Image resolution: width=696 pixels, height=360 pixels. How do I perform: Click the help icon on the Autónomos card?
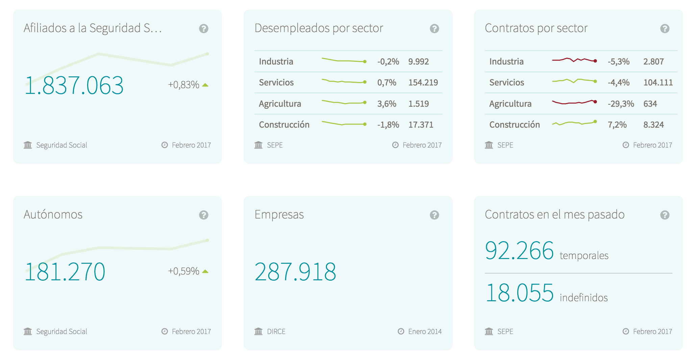tap(203, 215)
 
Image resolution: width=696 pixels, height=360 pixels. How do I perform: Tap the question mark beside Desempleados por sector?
tap(434, 29)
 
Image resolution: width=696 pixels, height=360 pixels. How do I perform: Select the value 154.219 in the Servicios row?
tap(423, 82)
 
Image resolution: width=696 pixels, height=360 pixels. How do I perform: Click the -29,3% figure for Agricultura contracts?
tap(621, 104)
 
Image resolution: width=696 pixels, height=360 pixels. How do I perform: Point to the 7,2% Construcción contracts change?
tap(617, 125)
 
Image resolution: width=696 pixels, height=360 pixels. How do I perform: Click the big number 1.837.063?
tap(74, 85)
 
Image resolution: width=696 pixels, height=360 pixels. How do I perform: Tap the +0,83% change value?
tap(183, 84)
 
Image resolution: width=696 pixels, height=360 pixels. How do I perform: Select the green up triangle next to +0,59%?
tap(205, 271)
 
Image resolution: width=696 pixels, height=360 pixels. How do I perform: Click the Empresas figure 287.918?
tap(295, 272)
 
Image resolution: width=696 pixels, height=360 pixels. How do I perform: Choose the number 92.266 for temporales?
tap(519, 251)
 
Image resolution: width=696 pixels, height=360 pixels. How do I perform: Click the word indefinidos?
tap(583, 298)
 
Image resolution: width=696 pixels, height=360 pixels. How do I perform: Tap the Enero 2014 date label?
tap(425, 332)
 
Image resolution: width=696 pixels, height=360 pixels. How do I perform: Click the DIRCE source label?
tap(276, 332)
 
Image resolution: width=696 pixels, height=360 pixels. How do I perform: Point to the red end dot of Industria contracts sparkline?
tap(595, 61)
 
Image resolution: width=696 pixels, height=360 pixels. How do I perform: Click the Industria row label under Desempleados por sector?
tap(276, 61)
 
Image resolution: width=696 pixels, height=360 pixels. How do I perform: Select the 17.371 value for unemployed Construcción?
tap(421, 125)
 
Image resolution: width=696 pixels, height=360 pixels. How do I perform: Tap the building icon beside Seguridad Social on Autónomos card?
tap(28, 331)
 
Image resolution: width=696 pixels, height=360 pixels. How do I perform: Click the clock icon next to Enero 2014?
tap(401, 331)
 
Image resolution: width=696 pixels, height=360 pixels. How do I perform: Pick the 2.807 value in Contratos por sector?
tap(653, 61)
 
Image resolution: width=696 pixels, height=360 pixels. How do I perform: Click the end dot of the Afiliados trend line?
tap(207, 54)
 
